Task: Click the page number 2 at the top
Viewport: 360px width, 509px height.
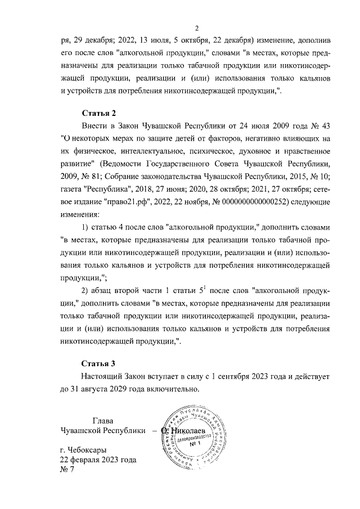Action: [197, 29]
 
